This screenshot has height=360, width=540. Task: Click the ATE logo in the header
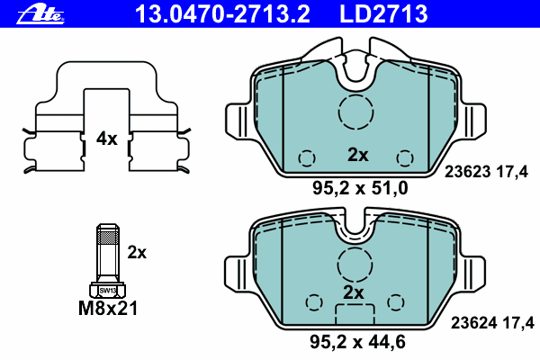pos(40,14)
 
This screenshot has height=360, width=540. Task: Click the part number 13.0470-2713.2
pos(223,13)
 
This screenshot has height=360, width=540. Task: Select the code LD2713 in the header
pos(383,13)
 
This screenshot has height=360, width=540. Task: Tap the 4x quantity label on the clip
pos(107,139)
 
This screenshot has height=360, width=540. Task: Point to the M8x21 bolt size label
pos(108,308)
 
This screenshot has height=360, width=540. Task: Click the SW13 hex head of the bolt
pos(108,290)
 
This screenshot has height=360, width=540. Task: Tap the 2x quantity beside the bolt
pos(137,253)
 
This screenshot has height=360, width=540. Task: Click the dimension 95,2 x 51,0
pos(360,188)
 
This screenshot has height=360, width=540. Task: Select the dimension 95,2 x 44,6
pos(357,342)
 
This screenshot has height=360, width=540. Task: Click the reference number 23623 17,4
pos(486,172)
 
